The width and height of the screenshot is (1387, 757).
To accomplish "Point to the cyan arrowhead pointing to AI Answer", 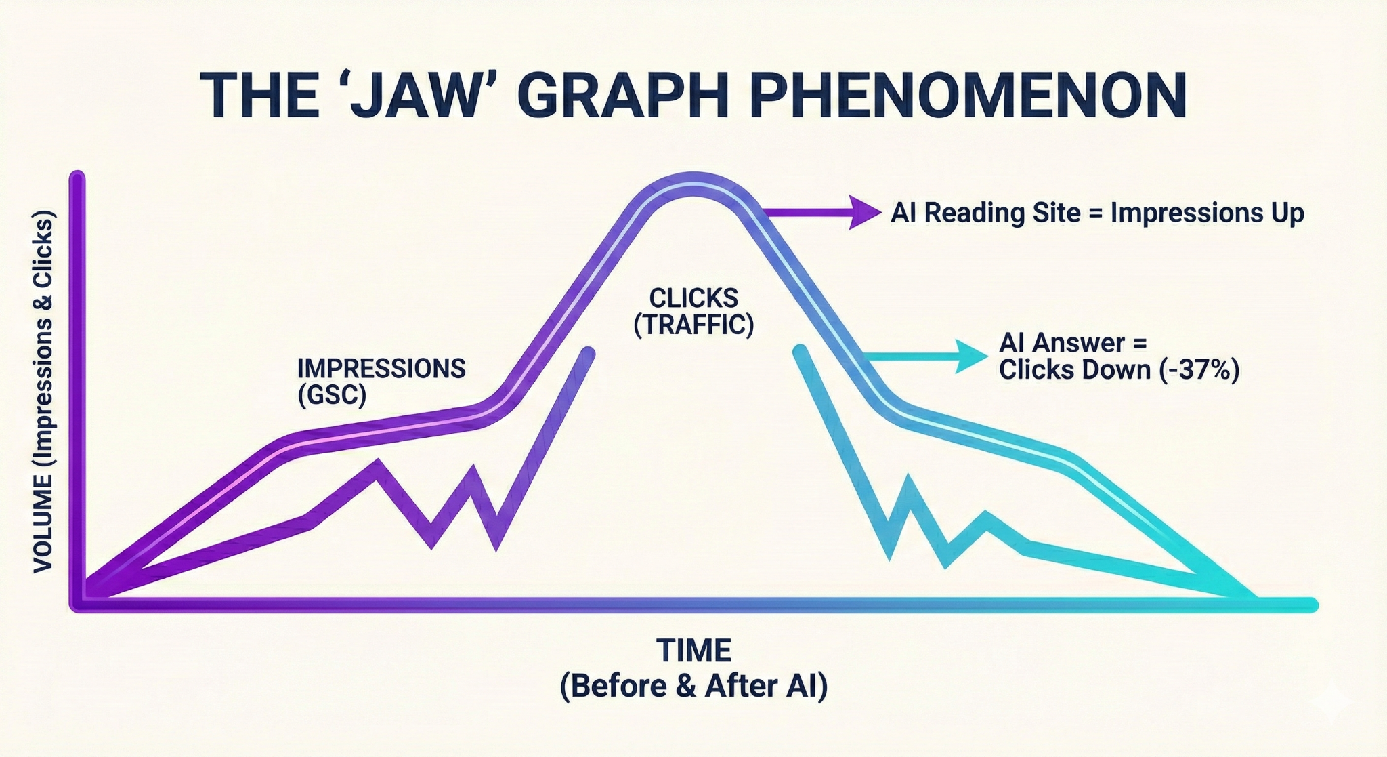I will (972, 356).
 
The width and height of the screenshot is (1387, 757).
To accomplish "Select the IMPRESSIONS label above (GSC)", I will (381, 369).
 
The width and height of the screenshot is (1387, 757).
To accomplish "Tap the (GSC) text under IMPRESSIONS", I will (332, 394).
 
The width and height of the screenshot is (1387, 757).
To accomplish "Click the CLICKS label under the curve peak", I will (693, 298).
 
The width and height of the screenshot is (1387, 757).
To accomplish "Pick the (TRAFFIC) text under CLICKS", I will (693, 325).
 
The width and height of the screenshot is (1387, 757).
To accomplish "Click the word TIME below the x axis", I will (693, 651).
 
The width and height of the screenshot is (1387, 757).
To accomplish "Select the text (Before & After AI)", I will (693, 687).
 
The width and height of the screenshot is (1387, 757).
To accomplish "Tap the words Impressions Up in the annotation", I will (1208, 213).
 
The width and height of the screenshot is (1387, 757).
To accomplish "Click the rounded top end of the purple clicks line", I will (588, 352).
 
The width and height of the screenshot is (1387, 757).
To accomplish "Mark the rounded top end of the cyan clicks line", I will (801, 352).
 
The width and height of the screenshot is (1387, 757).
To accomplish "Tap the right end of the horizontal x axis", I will (1310, 605).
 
